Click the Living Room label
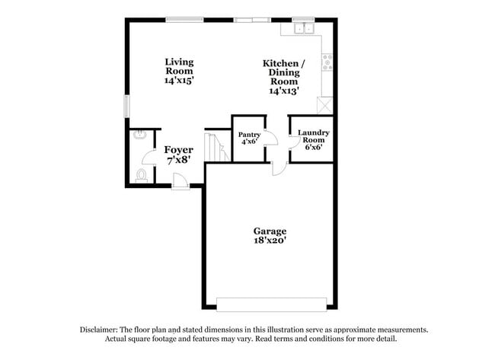coord(180,66)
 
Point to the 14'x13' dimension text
coord(283,90)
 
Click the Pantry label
coord(250,135)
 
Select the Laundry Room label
coord(313,135)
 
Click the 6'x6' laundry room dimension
coord(313,148)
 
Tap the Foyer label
coord(179,150)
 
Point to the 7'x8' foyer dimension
coord(179,161)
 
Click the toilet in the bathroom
coord(141,175)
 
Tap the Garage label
coord(270,231)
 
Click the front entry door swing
coord(181,180)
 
